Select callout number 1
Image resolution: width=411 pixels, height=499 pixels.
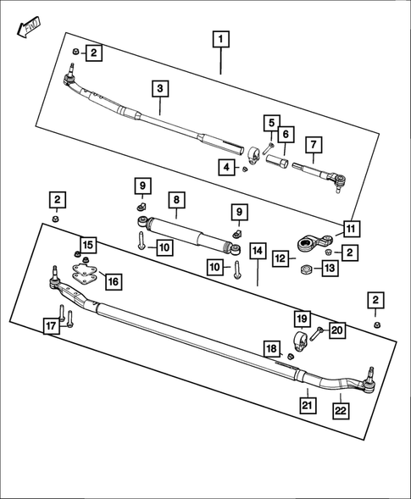coord(220,39)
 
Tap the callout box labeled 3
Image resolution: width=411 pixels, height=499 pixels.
coord(159,87)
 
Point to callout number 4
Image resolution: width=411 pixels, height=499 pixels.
coord(225,168)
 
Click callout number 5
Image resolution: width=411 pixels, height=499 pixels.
coord(269,124)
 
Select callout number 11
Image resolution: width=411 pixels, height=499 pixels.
coord(350,227)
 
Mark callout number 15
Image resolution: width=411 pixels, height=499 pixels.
coord(88,245)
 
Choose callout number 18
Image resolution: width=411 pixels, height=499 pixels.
coord(271,349)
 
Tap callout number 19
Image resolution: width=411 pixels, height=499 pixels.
coord(303,319)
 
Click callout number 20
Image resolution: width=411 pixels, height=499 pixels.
coord(337,330)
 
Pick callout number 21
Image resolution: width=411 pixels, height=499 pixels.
coord(305,404)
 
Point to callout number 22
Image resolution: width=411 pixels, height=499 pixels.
coord(339,410)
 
